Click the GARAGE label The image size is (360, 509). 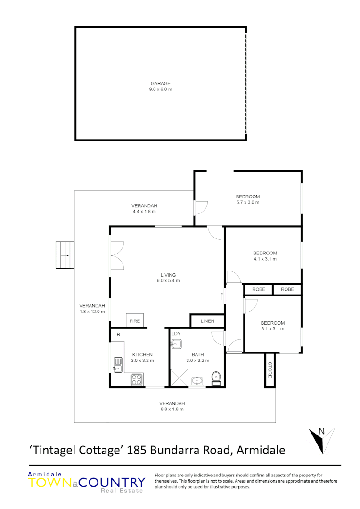(161, 83)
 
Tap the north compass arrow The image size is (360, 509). (321, 438)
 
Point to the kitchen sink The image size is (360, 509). (117, 364)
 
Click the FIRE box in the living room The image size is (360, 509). (135, 321)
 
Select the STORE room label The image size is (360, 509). (270, 370)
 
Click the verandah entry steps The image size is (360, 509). (65, 255)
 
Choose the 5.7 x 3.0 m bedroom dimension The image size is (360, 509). (248, 202)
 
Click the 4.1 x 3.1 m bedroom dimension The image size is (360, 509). (265, 259)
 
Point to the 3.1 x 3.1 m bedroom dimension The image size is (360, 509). (273, 329)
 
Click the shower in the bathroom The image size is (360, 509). (179, 378)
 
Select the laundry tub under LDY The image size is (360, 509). (176, 344)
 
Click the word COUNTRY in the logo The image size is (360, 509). (112, 483)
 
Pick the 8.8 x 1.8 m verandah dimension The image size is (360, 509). (172, 409)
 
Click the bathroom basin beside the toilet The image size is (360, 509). (197, 380)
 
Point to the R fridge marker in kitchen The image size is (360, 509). (118, 334)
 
